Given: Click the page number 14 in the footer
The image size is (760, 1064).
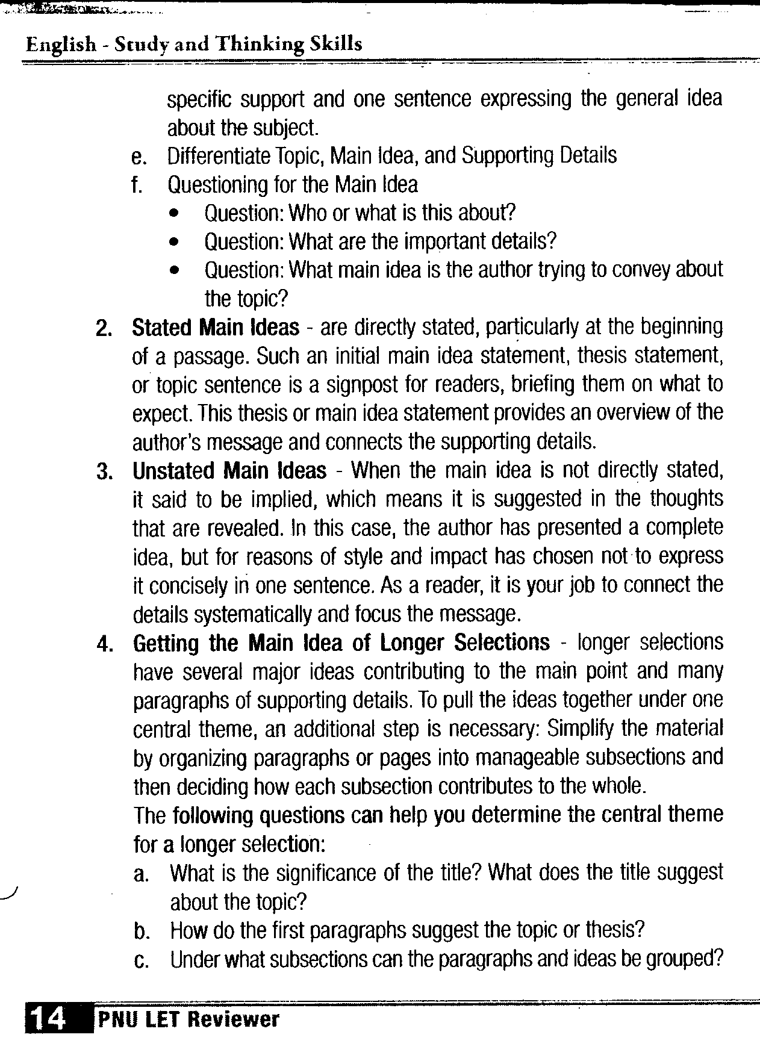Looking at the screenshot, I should [46, 1018].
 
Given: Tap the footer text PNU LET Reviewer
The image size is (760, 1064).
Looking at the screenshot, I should [187, 1019].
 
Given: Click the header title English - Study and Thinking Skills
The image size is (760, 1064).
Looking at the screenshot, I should [194, 44].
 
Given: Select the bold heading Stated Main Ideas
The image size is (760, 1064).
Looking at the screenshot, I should [215, 328].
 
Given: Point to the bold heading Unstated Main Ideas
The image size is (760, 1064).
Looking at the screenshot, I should [229, 470].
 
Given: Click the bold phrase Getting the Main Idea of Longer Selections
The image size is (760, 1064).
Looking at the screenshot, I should [341, 642].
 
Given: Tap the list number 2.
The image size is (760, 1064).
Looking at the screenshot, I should [103, 329].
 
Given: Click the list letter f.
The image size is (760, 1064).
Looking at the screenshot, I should [138, 185].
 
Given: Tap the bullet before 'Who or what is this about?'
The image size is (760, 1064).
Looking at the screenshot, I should [175, 214].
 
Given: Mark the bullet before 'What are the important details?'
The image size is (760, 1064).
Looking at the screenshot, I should [175, 243].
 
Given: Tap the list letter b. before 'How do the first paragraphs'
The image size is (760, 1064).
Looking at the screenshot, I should [142, 932].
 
